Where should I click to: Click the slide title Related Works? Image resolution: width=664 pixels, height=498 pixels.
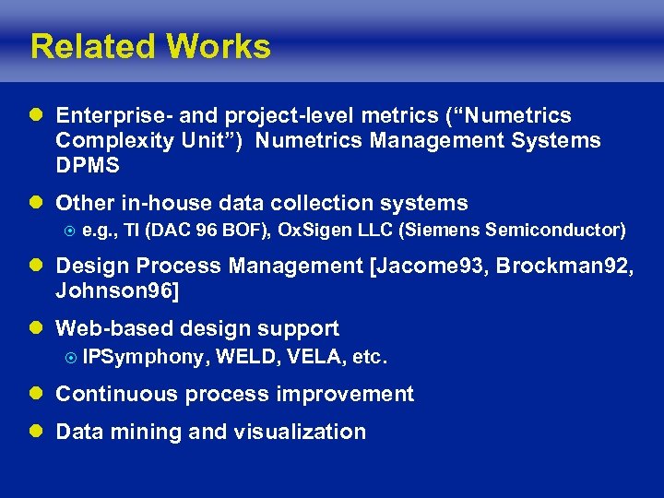[x=150, y=46]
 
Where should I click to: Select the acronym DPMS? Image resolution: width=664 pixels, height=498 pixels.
[x=88, y=165]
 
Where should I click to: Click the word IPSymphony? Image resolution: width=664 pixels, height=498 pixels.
[x=142, y=357]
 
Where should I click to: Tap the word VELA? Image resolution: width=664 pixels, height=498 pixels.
[x=315, y=357]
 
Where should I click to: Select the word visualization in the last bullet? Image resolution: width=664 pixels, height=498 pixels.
[x=300, y=431]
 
